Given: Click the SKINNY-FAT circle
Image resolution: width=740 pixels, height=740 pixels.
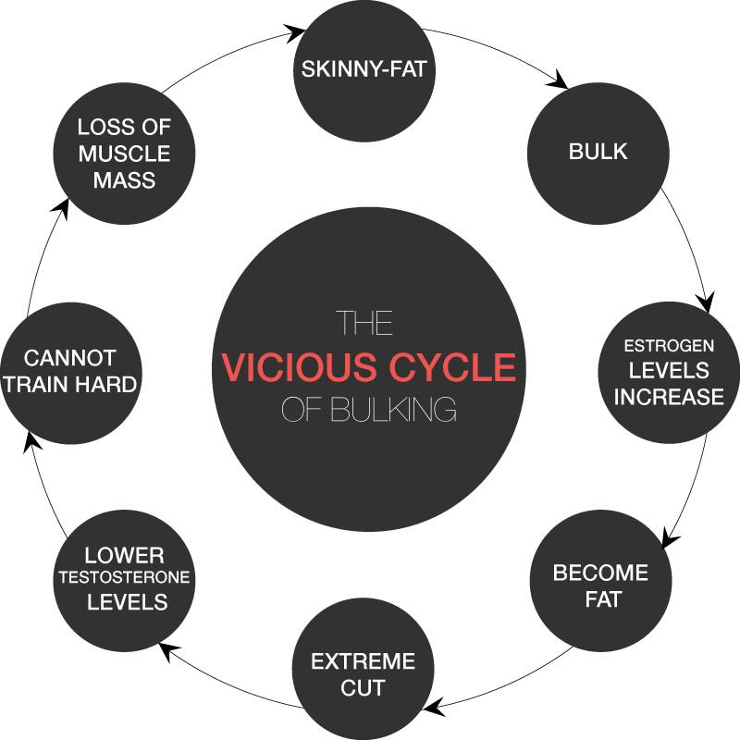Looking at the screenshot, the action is [x=364, y=70].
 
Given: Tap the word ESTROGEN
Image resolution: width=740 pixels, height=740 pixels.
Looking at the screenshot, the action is [x=669, y=346].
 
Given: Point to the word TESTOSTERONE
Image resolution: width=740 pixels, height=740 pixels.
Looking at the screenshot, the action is [x=125, y=577].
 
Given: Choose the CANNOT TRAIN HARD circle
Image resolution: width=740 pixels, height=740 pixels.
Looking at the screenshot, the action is [x=71, y=373].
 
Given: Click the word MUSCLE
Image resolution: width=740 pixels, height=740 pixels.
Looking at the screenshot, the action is [x=124, y=154].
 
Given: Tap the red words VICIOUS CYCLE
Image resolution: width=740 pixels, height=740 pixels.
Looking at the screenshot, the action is [x=369, y=366].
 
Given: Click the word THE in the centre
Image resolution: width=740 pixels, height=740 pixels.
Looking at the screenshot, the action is [x=365, y=323].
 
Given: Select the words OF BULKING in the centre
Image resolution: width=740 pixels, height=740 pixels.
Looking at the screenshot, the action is [x=369, y=409].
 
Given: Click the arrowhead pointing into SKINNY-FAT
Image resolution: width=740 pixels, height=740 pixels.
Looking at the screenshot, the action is [x=296, y=33].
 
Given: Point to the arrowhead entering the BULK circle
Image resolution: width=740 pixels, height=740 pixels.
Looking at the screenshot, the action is [x=558, y=80].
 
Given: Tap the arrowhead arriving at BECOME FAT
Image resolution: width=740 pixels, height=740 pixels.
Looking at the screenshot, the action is [x=669, y=537].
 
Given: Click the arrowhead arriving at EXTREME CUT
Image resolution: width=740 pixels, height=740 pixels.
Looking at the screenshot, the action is [x=434, y=707].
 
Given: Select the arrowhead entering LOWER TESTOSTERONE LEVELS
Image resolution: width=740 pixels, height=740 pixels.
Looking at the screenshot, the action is [x=169, y=651].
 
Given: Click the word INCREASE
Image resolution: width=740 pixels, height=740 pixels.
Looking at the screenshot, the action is [x=669, y=397].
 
